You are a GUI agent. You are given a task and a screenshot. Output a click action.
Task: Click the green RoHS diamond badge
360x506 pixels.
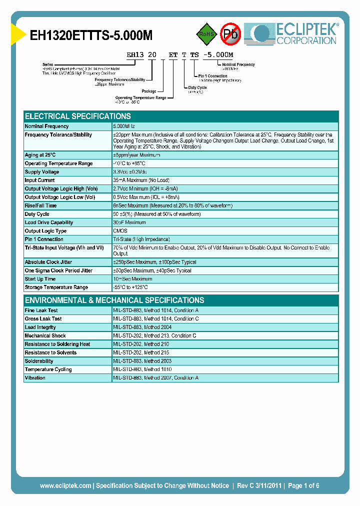click(x=205, y=34)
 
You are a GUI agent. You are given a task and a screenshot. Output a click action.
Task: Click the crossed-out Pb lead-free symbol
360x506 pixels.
click(x=231, y=34)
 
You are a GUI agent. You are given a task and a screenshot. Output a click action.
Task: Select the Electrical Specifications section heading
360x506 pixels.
click(x=77, y=116)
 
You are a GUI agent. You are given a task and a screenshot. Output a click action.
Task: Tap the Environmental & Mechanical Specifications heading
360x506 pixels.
click(x=114, y=300)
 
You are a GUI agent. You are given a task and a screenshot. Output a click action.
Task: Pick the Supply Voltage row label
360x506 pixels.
click(x=42, y=172)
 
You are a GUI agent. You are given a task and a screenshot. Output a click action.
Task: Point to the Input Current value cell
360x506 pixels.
click(x=141, y=180)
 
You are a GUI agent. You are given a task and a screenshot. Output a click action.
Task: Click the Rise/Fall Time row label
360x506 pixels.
click(x=40, y=205)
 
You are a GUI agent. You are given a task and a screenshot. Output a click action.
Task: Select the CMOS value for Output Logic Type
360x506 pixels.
click(x=120, y=231)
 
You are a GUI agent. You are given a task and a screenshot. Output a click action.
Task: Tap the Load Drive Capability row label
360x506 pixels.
click(x=48, y=222)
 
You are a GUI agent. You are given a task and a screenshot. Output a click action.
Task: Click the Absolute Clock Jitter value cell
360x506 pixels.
click(x=154, y=262)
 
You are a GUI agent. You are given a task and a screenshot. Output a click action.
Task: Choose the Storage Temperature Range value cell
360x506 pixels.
click(x=130, y=287)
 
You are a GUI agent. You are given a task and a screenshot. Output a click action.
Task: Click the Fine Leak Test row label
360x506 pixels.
click(x=41, y=310)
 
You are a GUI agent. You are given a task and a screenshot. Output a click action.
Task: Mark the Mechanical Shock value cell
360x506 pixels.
click(x=154, y=336)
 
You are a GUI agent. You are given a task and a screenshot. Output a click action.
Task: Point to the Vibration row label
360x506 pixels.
click(x=35, y=378)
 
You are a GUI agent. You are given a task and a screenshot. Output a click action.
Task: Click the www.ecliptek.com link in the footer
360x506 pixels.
click(x=65, y=485)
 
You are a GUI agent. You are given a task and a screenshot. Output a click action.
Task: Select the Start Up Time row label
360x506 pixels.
click(x=40, y=279)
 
